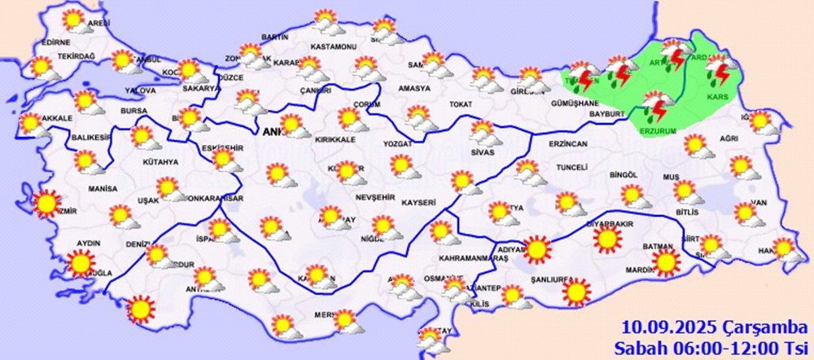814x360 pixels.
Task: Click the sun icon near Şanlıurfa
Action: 577,291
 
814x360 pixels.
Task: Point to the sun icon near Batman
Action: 667,261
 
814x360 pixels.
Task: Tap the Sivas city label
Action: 483,152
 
